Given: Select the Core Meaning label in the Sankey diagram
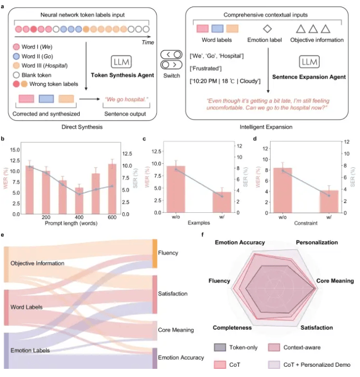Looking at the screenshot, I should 176,330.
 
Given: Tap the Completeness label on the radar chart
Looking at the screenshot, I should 232,328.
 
